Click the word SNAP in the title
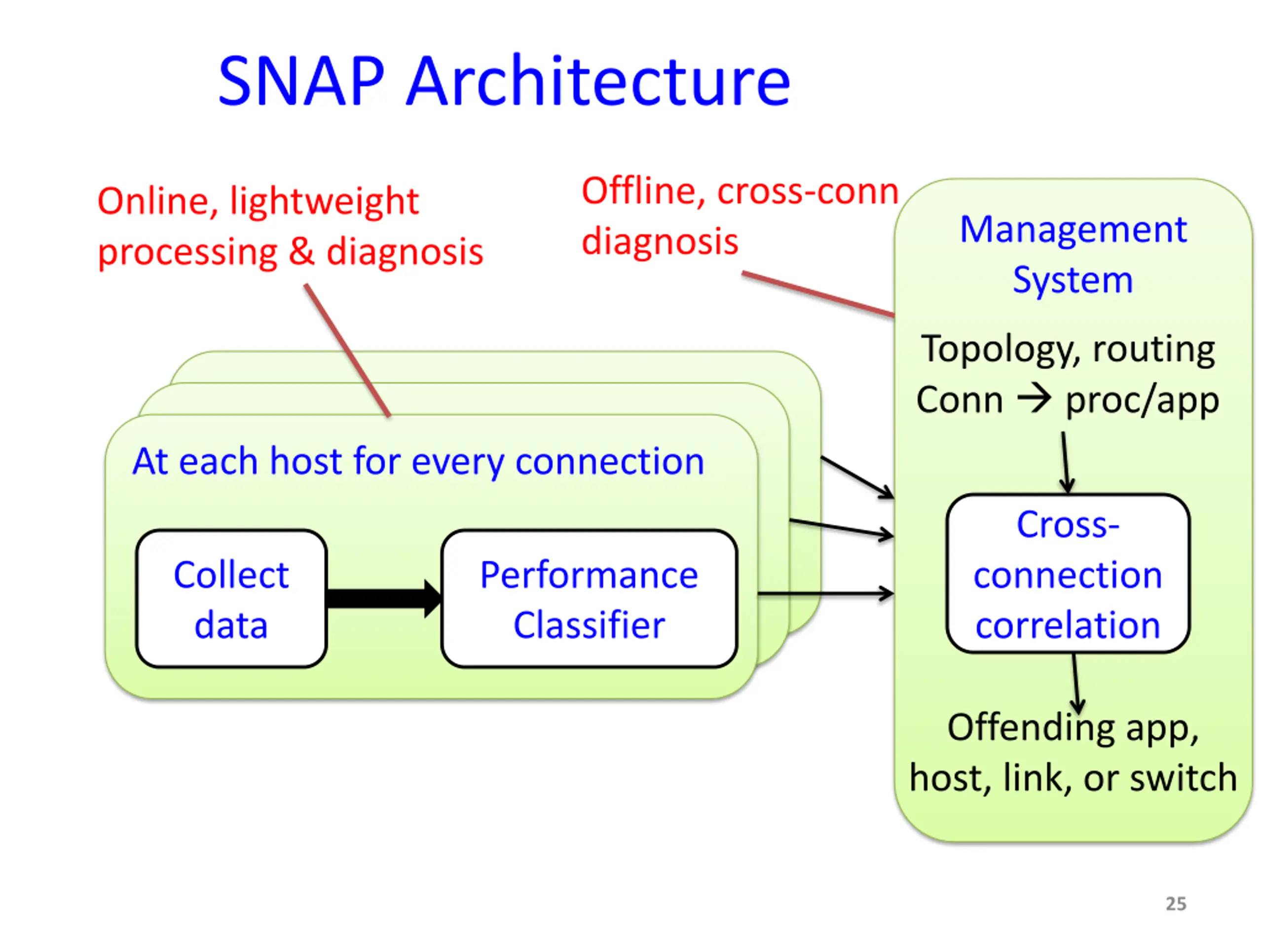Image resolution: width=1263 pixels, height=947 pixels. (x=301, y=81)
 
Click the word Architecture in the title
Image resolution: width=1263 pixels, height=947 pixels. (x=598, y=81)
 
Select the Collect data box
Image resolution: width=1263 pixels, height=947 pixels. (x=231, y=599)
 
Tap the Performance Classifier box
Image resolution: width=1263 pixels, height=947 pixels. (x=589, y=599)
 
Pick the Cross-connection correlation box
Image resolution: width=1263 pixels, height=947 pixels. (x=1068, y=574)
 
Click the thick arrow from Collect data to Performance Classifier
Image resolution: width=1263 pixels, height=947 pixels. (x=384, y=599)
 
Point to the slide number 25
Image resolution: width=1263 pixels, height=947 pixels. (x=1176, y=904)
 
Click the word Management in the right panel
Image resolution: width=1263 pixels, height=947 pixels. (x=1074, y=229)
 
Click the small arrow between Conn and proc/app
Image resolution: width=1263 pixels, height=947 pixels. (x=1034, y=399)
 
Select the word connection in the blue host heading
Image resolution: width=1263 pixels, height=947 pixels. (x=610, y=461)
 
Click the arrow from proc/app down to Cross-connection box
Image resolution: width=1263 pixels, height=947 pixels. (x=1066, y=462)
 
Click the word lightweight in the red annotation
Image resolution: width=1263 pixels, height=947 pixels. (x=324, y=202)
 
